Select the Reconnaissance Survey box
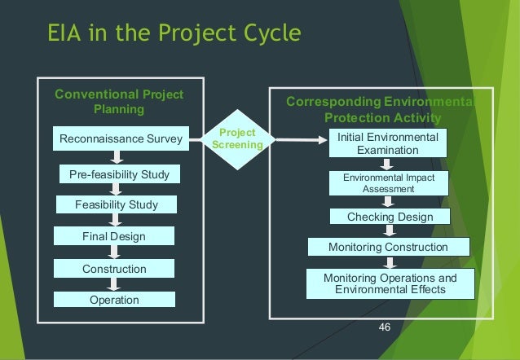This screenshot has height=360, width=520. coord(121,139)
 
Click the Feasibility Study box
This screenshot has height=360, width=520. coord(117,204)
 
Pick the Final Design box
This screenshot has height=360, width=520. coord(114,236)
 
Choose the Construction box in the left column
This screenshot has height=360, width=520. coord(114,269)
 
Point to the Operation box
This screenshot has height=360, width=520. coord(114,300)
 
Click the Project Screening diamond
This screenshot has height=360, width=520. coord(238,139)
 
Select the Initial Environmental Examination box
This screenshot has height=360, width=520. coord(388,143)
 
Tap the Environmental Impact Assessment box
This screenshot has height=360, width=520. coord(388,183)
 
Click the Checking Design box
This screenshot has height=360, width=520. coord(390,217)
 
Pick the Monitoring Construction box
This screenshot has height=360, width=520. coord(388,247)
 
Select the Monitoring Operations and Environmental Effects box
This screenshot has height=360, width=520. coord(390,283)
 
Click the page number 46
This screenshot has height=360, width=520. coord(386,327)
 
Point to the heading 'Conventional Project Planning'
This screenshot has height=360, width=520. coord(119,102)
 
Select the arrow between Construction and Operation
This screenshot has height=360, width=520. coord(114,284)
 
